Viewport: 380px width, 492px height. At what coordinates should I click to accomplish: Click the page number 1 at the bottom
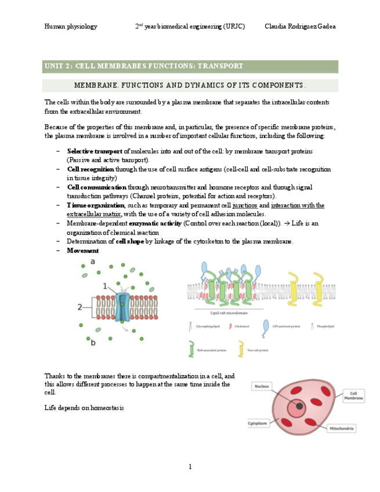click(190, 466)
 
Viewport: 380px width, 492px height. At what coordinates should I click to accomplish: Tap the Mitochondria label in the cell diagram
click(342, 429)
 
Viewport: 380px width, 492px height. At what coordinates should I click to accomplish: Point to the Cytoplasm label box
click(260, 423)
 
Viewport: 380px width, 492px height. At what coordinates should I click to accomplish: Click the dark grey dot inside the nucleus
click(299, 407)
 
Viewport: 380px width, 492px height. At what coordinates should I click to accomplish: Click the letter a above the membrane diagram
click(93, 263)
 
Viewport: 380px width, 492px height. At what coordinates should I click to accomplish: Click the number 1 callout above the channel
click(105, 285)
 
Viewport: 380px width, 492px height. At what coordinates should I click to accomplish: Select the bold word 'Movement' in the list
click(82, 251)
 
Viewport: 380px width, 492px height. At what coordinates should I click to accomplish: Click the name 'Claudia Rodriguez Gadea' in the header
click(299, 27)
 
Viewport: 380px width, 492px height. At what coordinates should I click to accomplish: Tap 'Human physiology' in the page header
click(71, 27)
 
